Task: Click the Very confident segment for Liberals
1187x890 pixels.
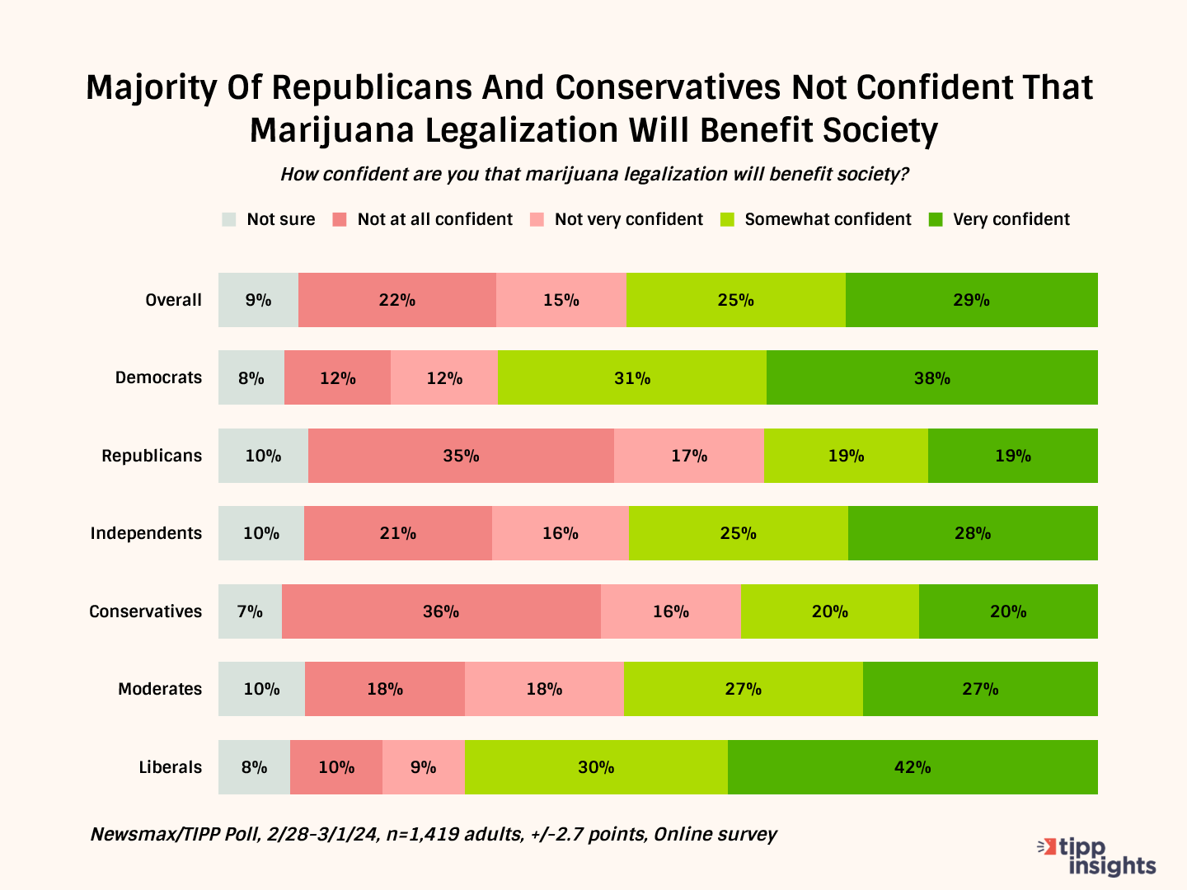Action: (x=913, y=767)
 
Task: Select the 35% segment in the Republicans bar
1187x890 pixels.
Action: (x=461, y=456)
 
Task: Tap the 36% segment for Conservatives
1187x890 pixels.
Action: (x=441, y=611)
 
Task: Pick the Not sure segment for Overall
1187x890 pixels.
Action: (x=258, y=300)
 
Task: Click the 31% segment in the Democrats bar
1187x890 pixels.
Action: (x=632, y=377)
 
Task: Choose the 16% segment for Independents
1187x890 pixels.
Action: (x=561, y=533)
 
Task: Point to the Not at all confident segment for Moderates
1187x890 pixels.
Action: (x=385, y=689)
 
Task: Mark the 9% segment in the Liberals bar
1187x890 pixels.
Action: (x=423, y=767)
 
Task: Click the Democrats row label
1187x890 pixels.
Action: (x=158, y=377)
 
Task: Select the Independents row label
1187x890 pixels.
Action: (x=146, y=533)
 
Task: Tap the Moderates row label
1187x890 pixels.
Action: (x=160, y=689)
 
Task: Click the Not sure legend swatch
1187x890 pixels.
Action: (x=229, y=219)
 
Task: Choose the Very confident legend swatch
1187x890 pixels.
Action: (x=936, y=219)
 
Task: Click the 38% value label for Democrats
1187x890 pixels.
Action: (x=932, y=378)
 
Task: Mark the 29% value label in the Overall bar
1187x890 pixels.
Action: (x=971, y=300)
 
